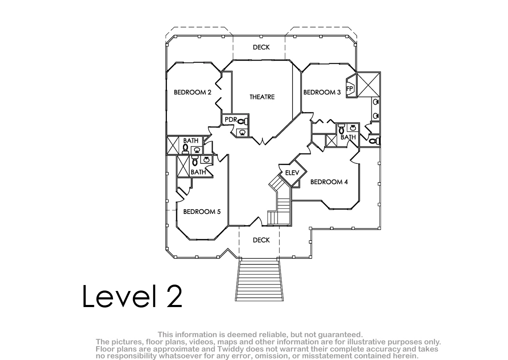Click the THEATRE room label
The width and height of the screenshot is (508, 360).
[x=262, y=97]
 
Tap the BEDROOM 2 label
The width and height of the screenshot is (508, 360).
[x=193, y=92]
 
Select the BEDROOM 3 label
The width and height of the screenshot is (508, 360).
[x=322, y=92]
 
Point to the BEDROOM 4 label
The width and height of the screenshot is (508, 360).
[x=329, y=182]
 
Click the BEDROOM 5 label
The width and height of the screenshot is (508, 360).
[x=202, y=212]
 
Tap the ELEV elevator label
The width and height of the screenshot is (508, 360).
[x=292, y=173]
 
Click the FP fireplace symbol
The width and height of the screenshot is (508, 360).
[x=351, y=88]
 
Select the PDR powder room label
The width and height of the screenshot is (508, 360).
[x=231, y=119]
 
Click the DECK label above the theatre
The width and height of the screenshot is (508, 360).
[x=261, y=47]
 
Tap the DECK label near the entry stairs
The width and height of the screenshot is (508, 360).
[x=261, y=240]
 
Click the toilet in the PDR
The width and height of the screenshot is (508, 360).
[x=243, y=122]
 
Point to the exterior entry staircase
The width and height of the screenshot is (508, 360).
[x=259, y=281]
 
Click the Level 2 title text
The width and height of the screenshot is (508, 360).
[x=132, y=296]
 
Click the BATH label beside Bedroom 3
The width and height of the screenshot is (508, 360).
[x=348, y=137]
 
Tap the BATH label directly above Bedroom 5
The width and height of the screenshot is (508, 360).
[x=198, y=172]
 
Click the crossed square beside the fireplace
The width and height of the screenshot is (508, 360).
[x=369, y=84]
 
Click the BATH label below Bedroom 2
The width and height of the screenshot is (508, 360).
[x=191, y=141]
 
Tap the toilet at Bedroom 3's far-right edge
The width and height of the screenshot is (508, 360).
[x=374, y=141]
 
